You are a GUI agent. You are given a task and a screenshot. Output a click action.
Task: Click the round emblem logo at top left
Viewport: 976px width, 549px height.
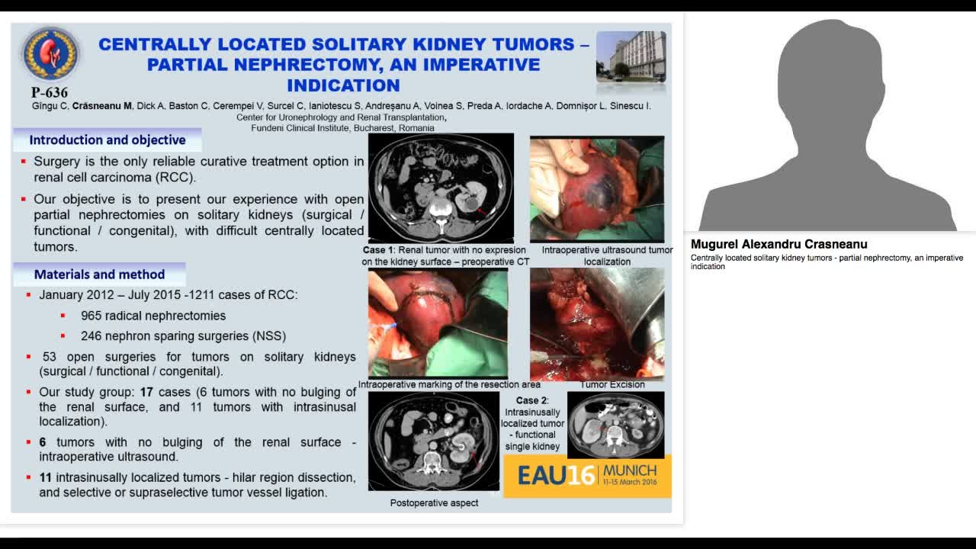(50, 54)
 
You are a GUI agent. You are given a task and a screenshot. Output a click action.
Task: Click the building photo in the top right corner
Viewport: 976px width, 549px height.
(631, 56)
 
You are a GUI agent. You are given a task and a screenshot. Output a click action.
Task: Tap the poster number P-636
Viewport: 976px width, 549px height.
(50, 93)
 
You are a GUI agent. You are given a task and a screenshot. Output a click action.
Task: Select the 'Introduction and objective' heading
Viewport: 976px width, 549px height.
(108, 140)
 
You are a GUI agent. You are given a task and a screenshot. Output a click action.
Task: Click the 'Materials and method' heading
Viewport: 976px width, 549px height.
(99, 274)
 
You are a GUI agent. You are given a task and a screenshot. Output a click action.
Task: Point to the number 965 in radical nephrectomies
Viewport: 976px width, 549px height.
(93, 316)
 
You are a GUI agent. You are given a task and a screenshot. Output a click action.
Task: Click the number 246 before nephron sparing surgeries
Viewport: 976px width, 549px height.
(93, 335)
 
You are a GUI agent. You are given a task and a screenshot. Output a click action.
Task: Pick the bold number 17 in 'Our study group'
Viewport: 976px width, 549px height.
(146, 392)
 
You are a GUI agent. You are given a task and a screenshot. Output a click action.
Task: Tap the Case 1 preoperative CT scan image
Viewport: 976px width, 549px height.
(441, 188)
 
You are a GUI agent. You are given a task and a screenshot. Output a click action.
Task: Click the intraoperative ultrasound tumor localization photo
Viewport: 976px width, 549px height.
(597, 188)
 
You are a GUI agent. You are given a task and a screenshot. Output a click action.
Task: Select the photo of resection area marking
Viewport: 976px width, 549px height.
(438, 323)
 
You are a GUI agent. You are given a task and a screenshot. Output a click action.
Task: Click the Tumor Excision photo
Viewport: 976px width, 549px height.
(597, 323)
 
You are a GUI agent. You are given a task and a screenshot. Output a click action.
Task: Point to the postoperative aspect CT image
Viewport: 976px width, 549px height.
(433, 441)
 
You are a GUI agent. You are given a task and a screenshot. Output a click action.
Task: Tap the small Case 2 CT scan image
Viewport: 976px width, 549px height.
(615, 425)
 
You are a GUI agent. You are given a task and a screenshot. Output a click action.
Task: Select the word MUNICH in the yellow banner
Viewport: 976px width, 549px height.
(629, 470)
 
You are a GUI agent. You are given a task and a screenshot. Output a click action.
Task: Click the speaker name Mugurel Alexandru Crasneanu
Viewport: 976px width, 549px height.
(779, 245)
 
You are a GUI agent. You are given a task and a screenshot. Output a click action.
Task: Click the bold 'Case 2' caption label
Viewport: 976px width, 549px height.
(532, 400)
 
